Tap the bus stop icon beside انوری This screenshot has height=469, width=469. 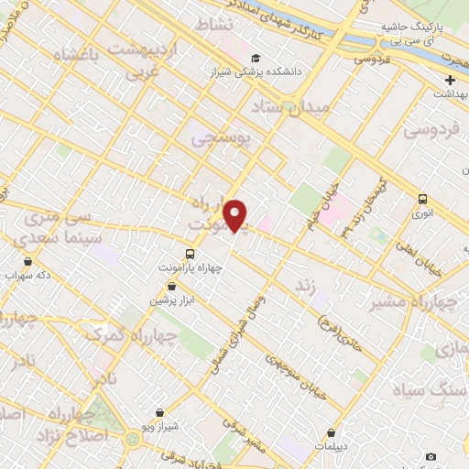[x=422, y=199]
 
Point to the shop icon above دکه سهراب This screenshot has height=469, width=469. [x=28, y=261]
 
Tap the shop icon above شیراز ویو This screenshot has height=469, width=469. [x=161, y=413]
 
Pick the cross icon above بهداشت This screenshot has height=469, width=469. [x=450, y=81]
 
